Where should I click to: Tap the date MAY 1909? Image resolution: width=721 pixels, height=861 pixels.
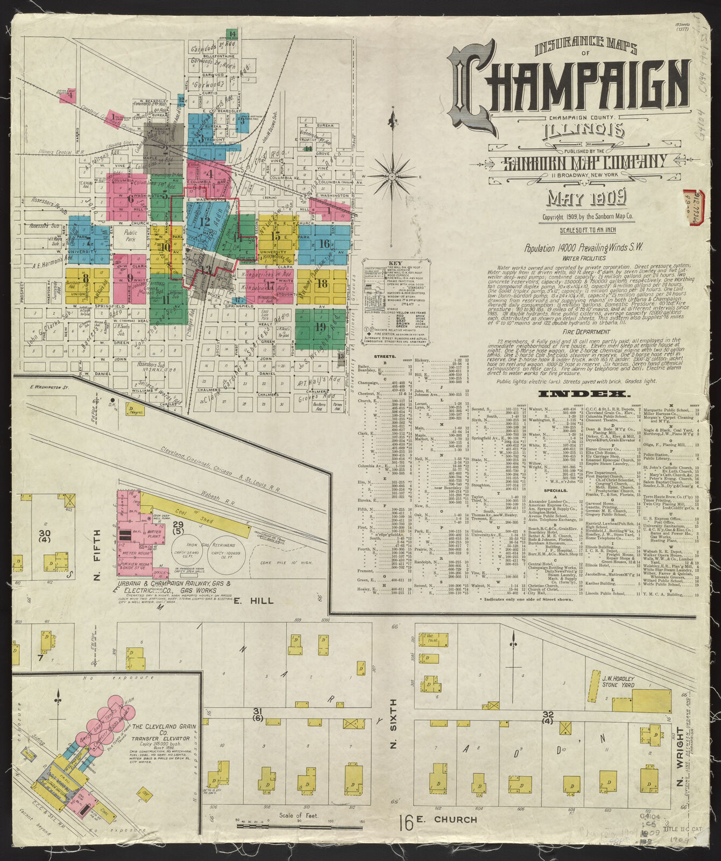point(586,199)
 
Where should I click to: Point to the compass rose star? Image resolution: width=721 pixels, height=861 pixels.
point(392,175)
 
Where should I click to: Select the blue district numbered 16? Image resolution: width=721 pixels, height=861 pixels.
point(323,244)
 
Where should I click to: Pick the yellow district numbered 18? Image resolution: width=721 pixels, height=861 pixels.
point(322,284)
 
